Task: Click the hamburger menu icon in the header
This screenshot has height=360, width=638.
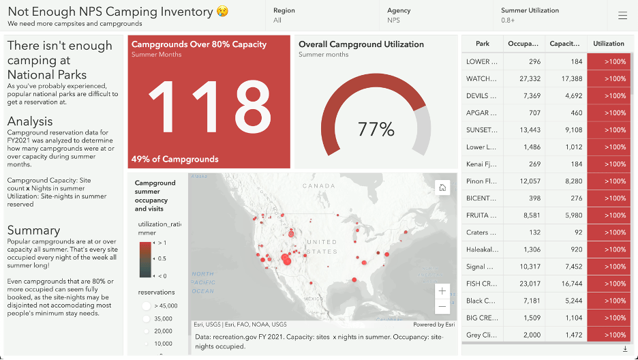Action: (622, 16)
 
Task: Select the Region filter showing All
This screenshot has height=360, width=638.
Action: (284, 15)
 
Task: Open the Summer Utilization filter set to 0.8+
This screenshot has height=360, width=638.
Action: (530, 15)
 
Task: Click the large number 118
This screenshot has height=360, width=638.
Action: (209, 103)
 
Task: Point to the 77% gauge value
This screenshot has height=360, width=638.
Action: (376, 129)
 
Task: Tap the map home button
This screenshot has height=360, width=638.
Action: (442, 188)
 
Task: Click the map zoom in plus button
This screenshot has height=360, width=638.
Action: (442, 291)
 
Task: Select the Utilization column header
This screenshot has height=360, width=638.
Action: (608, 44)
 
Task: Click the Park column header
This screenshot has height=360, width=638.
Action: (483, 44)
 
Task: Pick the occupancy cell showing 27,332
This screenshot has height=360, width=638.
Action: (525, 78)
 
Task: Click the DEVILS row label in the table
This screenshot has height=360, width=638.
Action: (482, 95)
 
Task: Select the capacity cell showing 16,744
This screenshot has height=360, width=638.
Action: (566, 284)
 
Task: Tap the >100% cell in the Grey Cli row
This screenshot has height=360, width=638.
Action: (608, 335)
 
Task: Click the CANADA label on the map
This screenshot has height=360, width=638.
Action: (319, 185)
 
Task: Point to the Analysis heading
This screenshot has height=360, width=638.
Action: (30, 121)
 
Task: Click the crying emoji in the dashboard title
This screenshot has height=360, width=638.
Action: (222, 12)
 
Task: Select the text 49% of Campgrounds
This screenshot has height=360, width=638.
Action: (175, 159)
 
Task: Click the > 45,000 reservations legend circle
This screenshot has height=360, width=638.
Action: (146, 306)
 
